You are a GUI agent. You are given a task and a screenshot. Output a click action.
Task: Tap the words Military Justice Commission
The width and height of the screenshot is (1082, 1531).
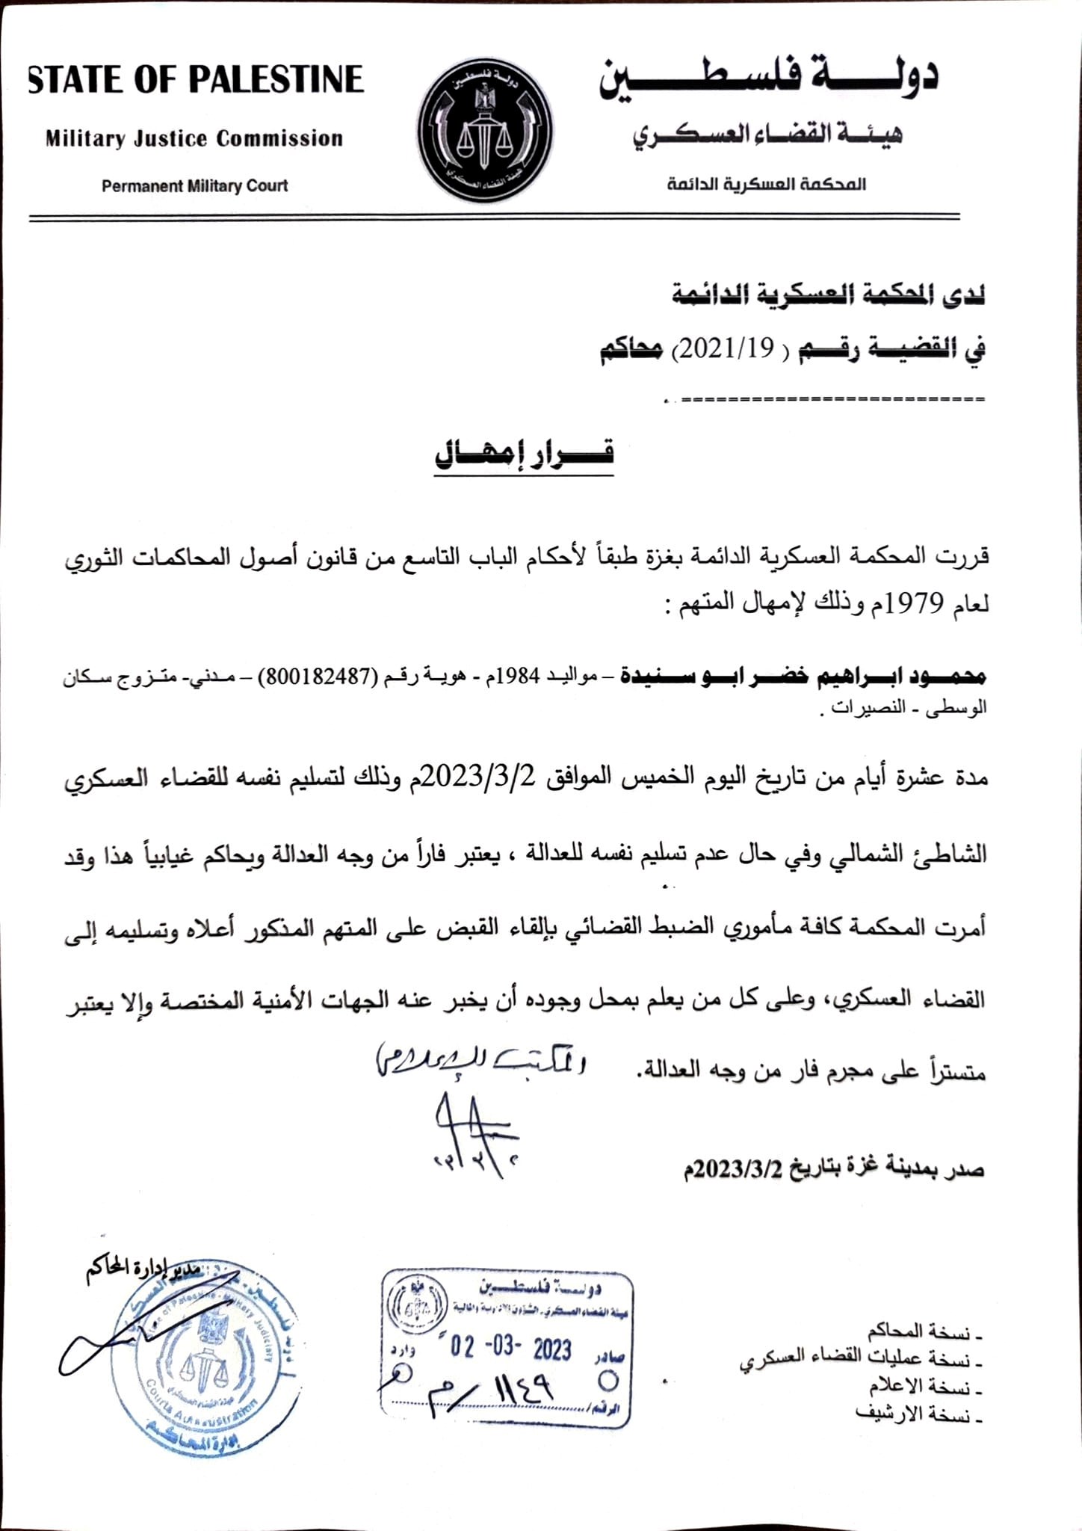(x=194, y=139)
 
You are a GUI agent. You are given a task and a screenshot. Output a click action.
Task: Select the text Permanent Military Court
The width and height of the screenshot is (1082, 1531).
(x=194, y=186)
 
